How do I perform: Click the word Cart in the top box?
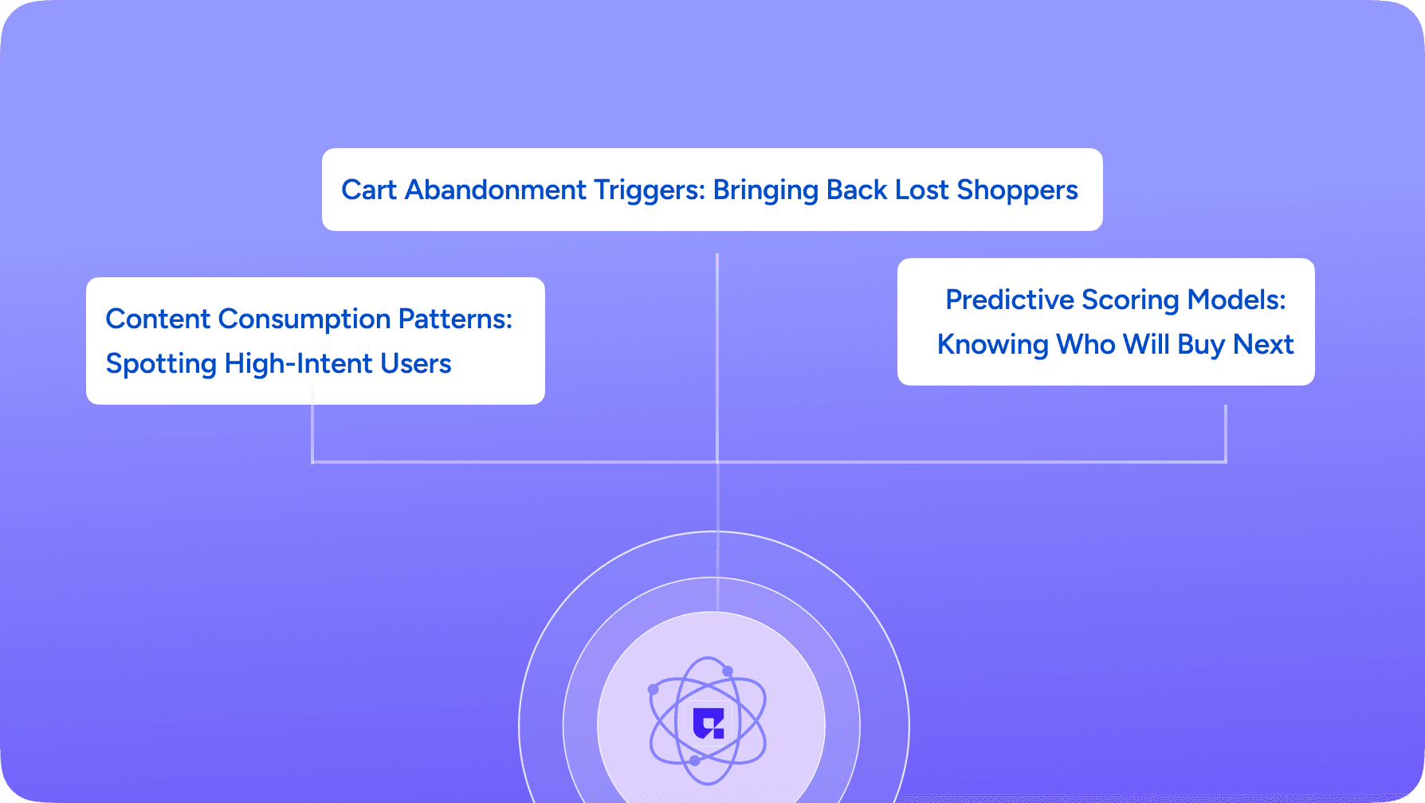(369, 190)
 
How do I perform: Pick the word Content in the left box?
(158, 319)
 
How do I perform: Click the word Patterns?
(455, 319)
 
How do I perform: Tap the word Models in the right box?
(1237, 300)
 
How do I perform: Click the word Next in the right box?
(1263, 344)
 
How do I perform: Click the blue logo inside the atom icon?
(708, 723)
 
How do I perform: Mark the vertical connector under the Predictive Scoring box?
(1226, 433)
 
